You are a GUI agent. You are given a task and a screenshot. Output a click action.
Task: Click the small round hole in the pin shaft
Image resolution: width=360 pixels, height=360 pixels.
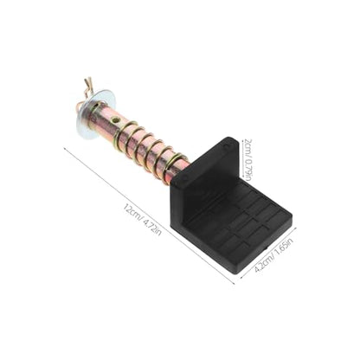(x=115, y=119)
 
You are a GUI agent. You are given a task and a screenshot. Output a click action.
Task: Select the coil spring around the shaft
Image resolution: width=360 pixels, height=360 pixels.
(x=149, y=147)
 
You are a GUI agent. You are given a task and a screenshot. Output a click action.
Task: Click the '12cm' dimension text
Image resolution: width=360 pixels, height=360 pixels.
(x=132, y=213)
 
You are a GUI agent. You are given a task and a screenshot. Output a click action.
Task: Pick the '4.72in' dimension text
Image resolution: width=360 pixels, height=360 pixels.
(x=152, y=227)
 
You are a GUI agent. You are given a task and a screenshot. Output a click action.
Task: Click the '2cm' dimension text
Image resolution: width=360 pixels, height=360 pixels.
(x=248, y=145)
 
